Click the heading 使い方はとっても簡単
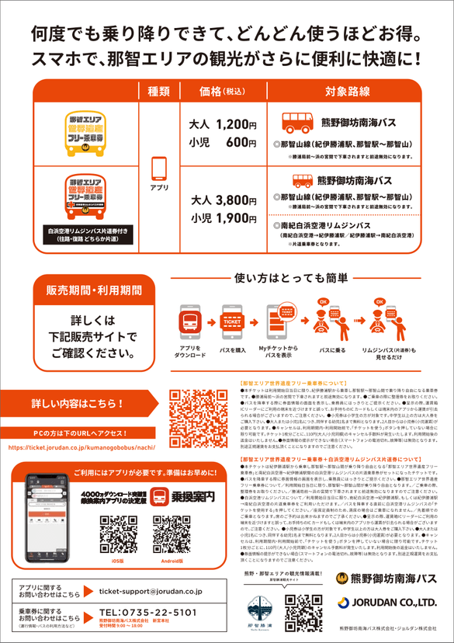coord(288,278)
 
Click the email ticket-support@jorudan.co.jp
coord(151,592)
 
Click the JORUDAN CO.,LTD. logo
coord(386,602)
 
